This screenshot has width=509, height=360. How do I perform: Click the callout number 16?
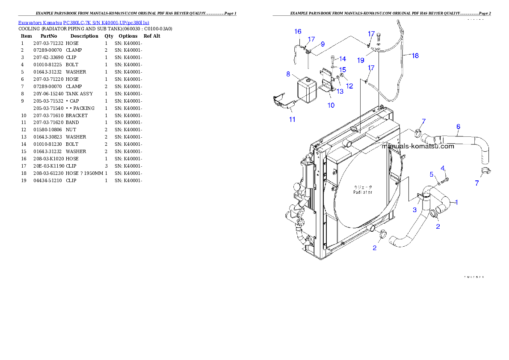point(298,31)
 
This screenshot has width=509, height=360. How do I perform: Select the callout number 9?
point(323,44)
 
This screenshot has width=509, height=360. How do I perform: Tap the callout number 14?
point(343,59)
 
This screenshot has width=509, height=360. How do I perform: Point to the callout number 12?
point(349,86)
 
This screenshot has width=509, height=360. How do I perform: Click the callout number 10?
point(331,105)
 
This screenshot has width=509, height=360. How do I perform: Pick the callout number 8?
point(288,74)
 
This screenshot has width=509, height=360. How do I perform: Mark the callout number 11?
point(292,119)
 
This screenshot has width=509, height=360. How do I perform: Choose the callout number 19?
point(361,60)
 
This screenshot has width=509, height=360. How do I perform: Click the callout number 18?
point(415,56)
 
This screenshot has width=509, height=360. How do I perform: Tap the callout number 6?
point(458,126)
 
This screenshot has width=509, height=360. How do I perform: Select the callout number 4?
point(443,168)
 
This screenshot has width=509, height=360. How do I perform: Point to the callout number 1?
point(456,202)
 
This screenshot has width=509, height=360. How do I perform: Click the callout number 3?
point(414,210)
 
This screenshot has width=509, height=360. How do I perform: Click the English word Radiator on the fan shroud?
point(362,192)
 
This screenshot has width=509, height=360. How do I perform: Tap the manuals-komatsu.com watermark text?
point(417,146)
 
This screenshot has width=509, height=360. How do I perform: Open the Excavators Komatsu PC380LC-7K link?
point(83,23)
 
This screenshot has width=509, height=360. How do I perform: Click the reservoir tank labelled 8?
point(306,90)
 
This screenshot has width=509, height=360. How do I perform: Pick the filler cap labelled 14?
point(333,59)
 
